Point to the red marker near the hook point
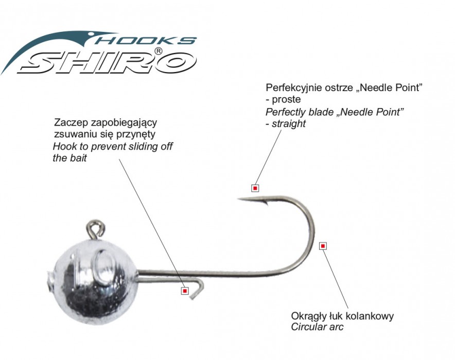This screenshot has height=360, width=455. tap(255, 188)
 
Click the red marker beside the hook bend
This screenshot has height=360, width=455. tap(323, 246)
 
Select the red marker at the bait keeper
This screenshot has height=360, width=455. tap(184, 291)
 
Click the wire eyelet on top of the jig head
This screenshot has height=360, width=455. tap(95, 227)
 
